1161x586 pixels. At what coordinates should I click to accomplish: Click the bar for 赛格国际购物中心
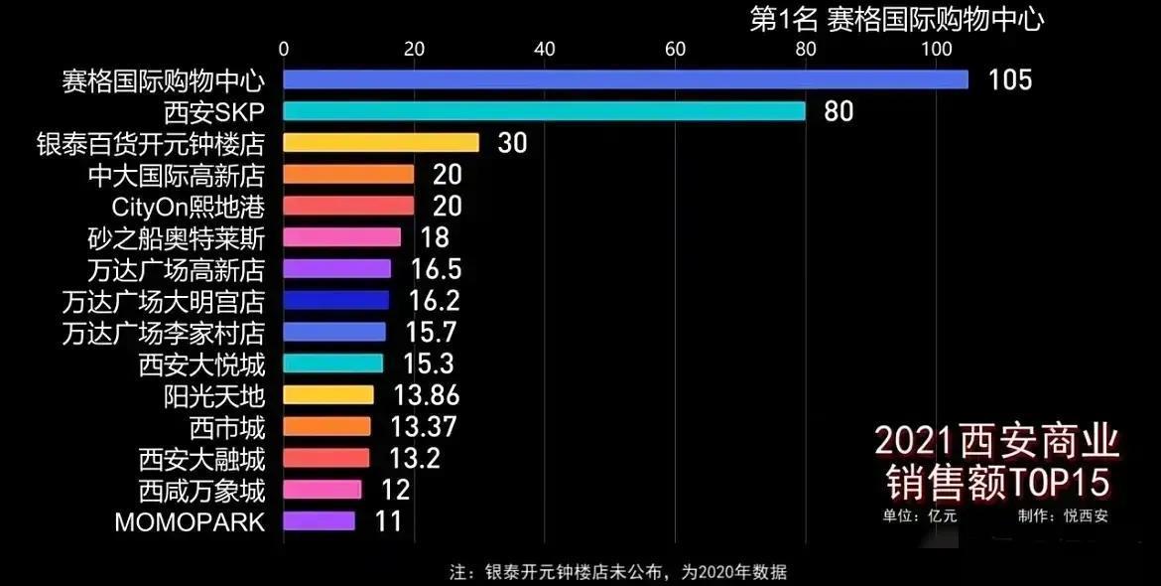point(625,79)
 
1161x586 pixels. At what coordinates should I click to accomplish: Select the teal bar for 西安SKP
point(544,110)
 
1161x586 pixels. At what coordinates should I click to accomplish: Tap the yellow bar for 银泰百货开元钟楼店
point(381,142)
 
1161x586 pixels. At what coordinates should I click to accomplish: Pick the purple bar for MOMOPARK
point(319,520)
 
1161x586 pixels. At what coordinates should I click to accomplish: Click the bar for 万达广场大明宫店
point(336,300)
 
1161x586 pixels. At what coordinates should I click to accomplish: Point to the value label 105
point(1010,79)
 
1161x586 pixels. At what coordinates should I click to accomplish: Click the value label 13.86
point(426,395)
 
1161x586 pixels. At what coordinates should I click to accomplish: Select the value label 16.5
point(434,269)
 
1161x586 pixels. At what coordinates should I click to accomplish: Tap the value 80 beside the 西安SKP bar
point(838,110)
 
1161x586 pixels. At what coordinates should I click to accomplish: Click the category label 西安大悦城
point(202,364)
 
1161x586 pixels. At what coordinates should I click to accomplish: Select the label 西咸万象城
point(202,490)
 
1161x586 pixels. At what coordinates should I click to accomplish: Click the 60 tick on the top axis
point(675,48)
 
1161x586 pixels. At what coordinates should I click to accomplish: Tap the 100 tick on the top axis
point(936,48)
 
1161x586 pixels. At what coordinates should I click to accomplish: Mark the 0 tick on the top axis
point(284,48)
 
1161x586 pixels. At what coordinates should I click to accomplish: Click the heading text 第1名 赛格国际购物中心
point(896,19)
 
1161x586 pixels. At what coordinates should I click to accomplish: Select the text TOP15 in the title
point(1058,483)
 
